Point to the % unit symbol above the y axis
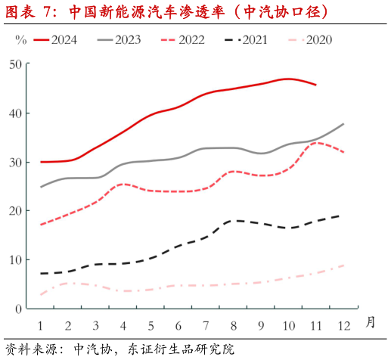pyautogui.click(x=21, y=40)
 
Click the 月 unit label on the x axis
pyautogui.click(x=371, y=321)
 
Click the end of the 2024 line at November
pyautogui.click(x=315, y=85)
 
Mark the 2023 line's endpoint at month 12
pyautogui.click(x=343, y=124)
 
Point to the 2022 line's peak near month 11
pyautogui.click(x=315, y=142)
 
